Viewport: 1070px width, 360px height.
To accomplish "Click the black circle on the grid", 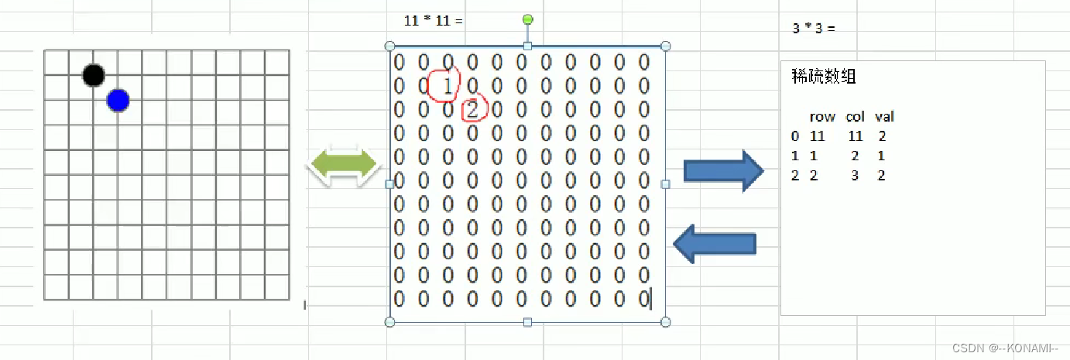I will [93, 75].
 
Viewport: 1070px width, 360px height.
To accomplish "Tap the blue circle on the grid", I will [118, 100].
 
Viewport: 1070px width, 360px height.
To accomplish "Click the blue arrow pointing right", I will [722, 170].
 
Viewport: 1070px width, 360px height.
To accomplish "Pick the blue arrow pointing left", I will [715, 245].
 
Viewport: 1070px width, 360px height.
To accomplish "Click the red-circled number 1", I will [447, 85].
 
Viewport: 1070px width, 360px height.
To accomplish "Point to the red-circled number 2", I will [472, 110].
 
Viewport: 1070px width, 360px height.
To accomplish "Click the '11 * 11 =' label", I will [434, 21].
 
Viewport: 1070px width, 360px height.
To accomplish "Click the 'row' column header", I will [822, 117].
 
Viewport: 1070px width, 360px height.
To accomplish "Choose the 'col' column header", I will [855, 117].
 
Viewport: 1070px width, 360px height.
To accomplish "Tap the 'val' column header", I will [884, 117].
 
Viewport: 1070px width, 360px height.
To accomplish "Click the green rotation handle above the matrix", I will [528, 19].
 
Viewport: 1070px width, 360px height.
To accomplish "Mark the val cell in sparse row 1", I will [881, 156].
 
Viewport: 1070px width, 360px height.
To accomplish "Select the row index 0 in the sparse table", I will [794, 136].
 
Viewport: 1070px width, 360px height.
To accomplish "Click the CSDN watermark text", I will [1004, 348].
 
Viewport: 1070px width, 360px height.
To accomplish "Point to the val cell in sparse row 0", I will [882, 136].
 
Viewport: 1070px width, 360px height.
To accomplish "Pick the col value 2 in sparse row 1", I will [855, 156].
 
